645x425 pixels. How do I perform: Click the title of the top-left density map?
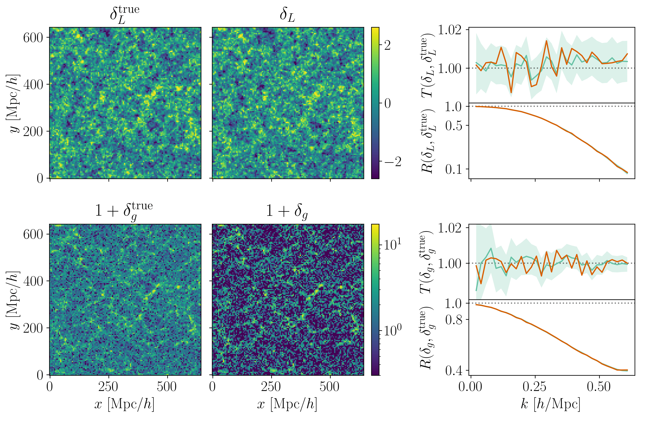[x=125, y=15]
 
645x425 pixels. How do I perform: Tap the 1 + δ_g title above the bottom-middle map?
[x=287, y=211]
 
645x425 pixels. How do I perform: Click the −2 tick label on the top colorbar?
[x=393, y=162]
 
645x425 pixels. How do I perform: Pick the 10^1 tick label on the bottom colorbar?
[x=392, y=245]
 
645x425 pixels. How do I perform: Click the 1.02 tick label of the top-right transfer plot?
[x=450, y=30]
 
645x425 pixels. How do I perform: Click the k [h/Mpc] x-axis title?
[x=551, y=404]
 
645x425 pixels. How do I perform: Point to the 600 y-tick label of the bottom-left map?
[x=33, y=234]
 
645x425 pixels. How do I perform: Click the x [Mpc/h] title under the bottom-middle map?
[x=287, y=404]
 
